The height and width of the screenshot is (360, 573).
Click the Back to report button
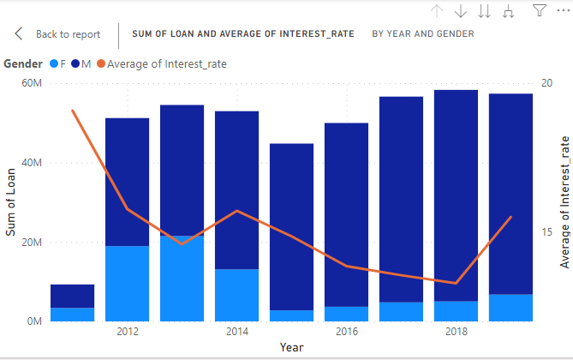click(x=58, y=34)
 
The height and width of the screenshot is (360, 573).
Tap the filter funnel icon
click(x=540, y=11)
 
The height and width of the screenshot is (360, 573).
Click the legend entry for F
click(x=58, y=63)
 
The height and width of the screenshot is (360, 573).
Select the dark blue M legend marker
click(x=76, y=63)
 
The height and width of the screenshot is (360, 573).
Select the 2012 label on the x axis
click(x=128, y=332)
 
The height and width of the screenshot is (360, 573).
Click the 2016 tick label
click(x=347, y=332)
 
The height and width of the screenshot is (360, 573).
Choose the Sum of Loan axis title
click(x=11, y=202)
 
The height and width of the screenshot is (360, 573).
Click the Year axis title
click(x=290, y=347)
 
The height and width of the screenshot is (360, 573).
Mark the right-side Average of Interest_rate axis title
click(x=564, y=202)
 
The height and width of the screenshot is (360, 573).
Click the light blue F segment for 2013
click(x=182, y=279)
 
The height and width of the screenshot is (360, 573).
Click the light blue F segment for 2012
click(x=127, y=284)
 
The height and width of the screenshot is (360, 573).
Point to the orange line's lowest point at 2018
click(x=456, y=283)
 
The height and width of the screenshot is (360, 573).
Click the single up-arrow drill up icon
click(x=437, y=11)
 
